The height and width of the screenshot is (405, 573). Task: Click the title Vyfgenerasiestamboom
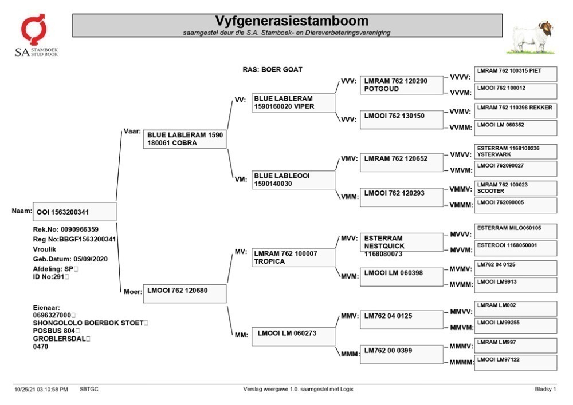tap(292, 21)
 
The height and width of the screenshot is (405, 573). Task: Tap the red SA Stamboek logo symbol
tap(33, 29)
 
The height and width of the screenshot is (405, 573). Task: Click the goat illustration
tap(531, 38)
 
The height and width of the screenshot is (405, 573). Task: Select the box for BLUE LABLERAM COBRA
tap(185, 139)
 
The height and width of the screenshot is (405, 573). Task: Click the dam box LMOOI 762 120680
tap(185, 293)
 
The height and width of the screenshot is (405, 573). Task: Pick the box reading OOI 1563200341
tap(74, 212)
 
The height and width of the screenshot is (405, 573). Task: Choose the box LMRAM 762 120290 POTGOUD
tap(401, 85)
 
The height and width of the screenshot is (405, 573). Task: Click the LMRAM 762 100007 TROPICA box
tap(293, 257)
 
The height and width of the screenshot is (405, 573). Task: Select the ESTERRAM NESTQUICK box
tap(401, 243)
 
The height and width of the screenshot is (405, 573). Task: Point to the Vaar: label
tap(132, 132)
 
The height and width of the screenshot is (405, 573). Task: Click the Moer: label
tap(133, 292)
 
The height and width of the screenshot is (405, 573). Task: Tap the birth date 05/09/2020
tap(91, 259)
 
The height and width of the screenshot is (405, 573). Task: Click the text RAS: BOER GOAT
tap(272, 69)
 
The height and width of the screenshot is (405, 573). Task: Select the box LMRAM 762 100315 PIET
tap(516, 74)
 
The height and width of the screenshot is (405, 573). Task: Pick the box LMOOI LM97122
tap(516, 363)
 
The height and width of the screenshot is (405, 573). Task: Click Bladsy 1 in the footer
tap(545, 390)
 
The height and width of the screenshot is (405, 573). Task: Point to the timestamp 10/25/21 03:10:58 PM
tap(41, 390)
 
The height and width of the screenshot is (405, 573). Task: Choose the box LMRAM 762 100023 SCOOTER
tap(516, 188)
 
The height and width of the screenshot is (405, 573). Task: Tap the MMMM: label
tap(461, 362)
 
